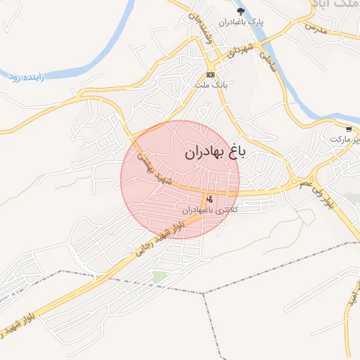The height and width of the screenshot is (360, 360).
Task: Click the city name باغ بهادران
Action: pos(214,152)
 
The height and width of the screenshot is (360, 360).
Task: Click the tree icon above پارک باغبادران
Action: pos(241,11)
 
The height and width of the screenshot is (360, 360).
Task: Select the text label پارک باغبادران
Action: pos(241,22)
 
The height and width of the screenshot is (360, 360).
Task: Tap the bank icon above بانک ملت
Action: pos(210,75)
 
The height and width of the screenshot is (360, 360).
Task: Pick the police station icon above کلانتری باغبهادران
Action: pos(210,199)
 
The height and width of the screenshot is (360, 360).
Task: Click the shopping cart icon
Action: pos(349,129)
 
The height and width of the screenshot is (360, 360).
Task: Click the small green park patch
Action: pos(160,276)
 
